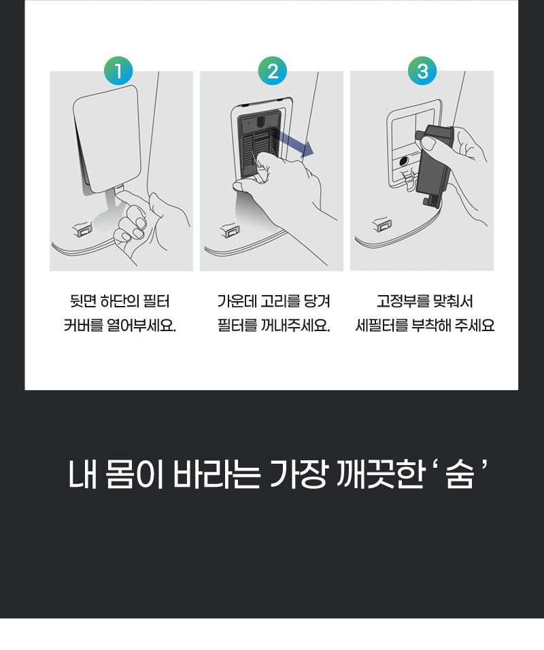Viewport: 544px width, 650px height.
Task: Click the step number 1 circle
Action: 118,71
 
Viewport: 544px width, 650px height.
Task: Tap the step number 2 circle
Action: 273,71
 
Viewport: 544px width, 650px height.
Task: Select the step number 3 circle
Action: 422,71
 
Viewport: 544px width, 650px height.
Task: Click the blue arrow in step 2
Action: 293,142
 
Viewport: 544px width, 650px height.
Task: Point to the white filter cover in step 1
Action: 106,139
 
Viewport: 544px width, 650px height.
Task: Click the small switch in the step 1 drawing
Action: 83,229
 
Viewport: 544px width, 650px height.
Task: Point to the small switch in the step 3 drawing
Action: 382,224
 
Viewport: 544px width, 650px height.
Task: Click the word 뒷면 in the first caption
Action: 84,301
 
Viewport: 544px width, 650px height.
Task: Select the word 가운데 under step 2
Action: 237,301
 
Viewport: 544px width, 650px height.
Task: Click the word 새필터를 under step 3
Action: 381,325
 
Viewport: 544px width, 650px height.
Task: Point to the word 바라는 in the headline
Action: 216,473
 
